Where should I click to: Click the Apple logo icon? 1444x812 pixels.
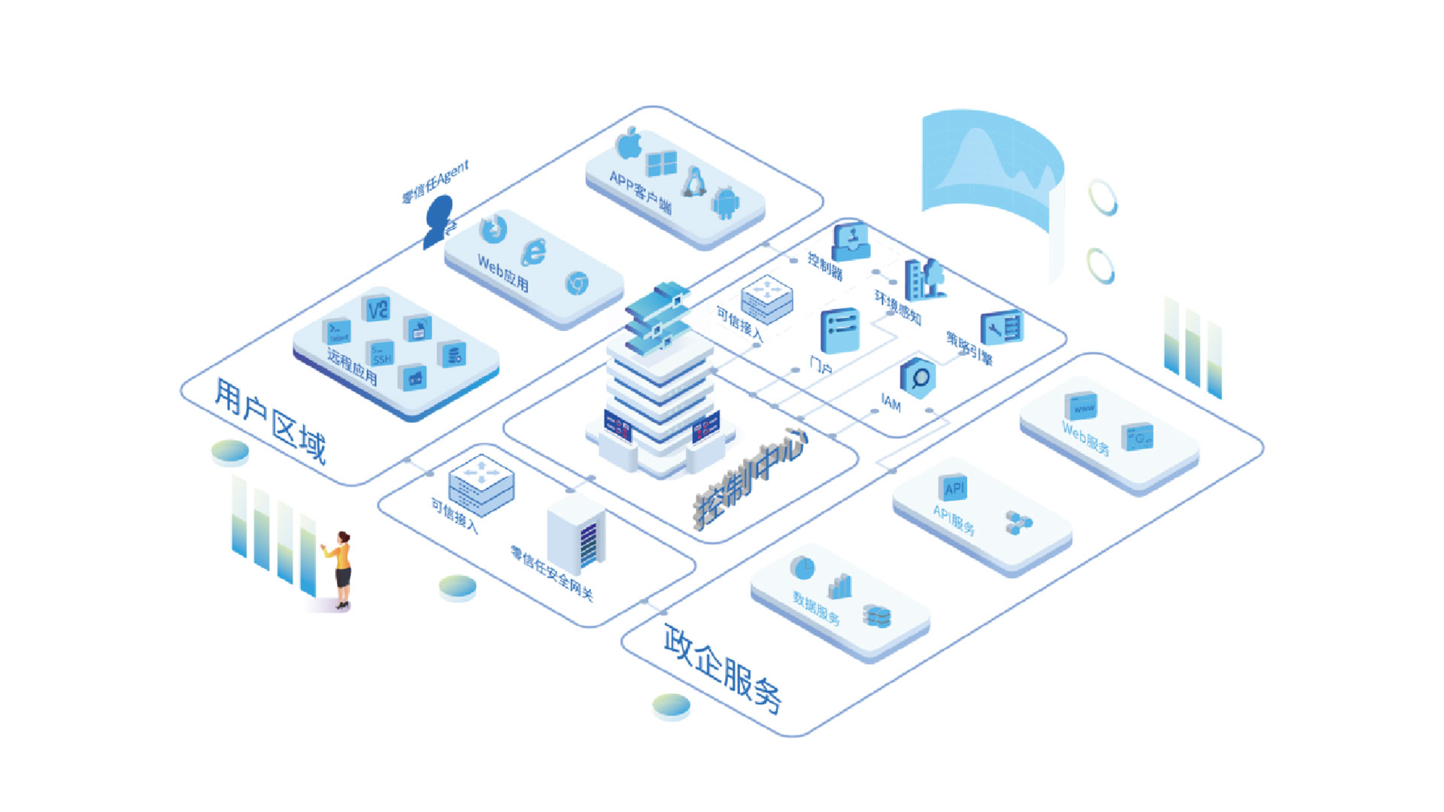(x=629, y=143)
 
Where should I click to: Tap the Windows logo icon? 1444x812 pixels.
(x=662, y=164)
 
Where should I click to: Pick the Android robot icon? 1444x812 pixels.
(x=726, y=203)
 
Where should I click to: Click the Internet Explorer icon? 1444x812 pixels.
(x=535, y=252)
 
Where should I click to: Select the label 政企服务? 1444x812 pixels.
(x=722, y=668)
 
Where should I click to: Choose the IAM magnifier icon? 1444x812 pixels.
(x=918, y=377)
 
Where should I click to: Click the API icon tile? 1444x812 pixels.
(x=954, y=488)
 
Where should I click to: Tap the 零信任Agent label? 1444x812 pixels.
(x=435, y=182)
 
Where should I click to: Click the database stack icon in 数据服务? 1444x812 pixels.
(x=877, y=616)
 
